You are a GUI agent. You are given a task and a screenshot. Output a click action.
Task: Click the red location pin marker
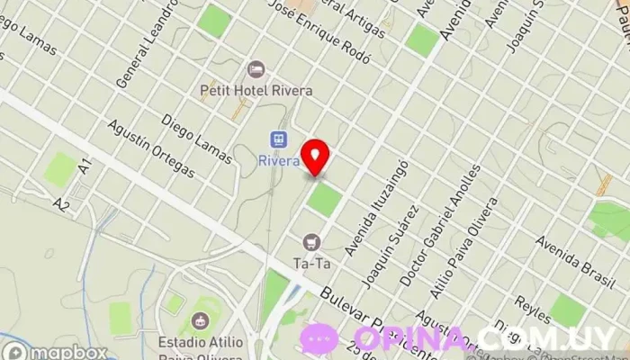[x=316, y=157]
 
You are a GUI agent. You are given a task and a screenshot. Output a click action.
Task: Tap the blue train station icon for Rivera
[x=279, y=139]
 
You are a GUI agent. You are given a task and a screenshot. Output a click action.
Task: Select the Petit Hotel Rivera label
[x=256, y=91]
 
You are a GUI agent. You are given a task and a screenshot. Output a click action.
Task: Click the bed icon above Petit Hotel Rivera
[x=256, y=69]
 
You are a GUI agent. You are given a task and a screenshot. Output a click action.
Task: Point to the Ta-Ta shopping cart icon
[x=311, y=242]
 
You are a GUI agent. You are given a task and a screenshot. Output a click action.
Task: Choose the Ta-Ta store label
[x=311, y=263]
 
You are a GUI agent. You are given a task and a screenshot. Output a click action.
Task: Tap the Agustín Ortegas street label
[x=150, y=148]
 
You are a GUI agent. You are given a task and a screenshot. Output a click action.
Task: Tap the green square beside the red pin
[x=323, y=199]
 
